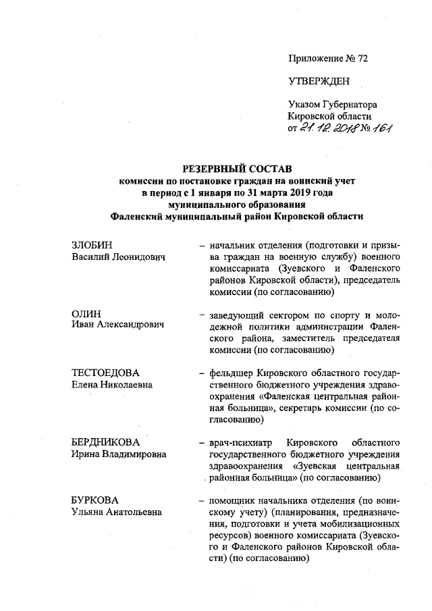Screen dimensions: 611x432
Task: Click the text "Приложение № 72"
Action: tap(328, 59)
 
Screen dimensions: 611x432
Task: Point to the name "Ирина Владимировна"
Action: tap(119, 455)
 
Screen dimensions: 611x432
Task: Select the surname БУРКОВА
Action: tap(95, 500)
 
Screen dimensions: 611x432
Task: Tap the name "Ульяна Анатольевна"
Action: tap(117, 513)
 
